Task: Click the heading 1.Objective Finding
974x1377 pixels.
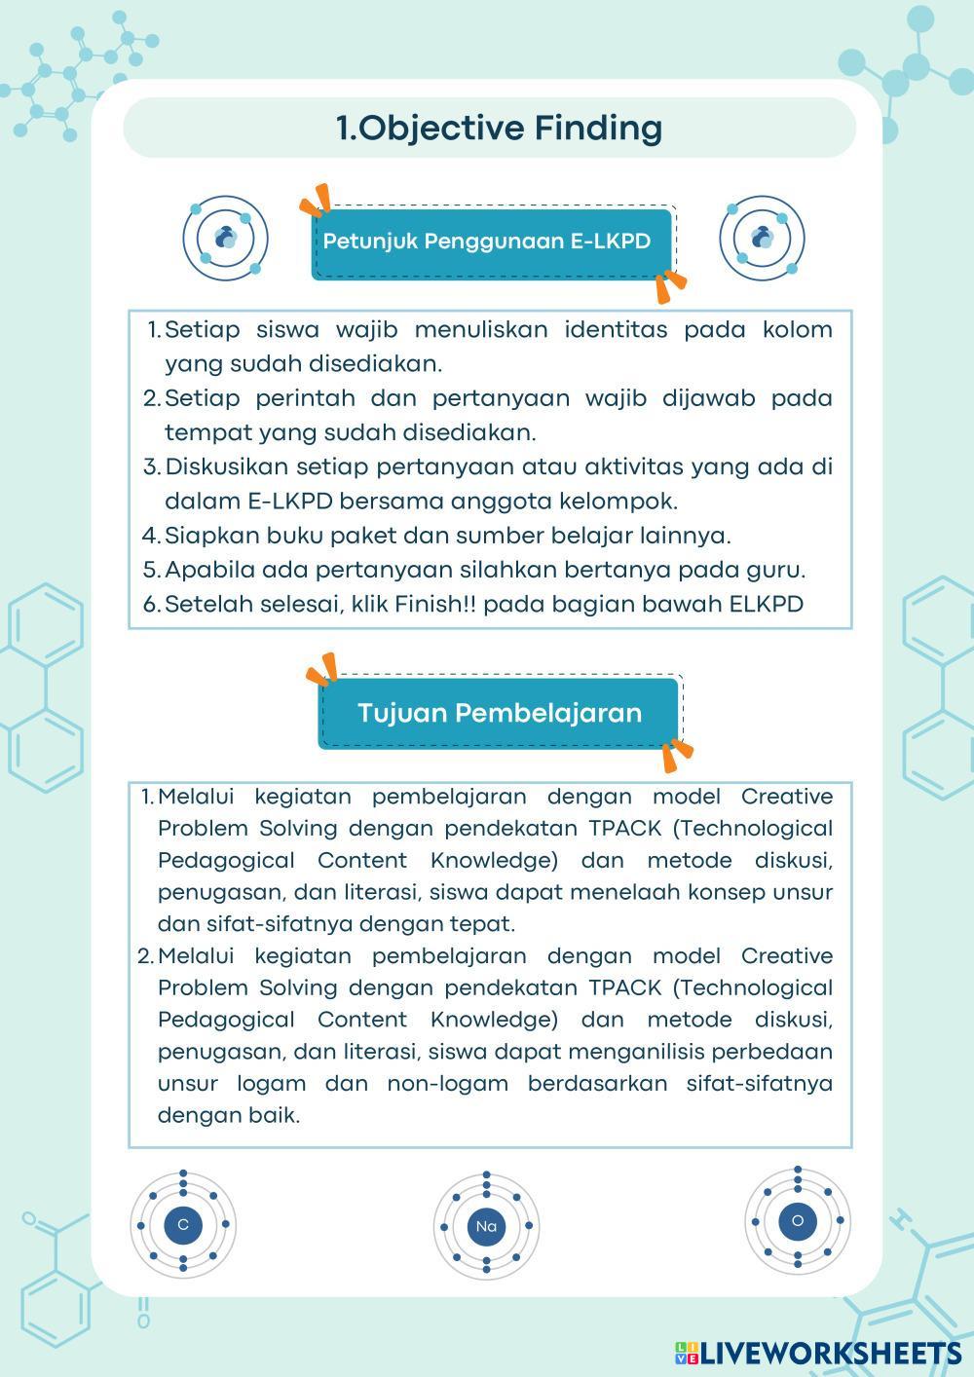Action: coord(499,128)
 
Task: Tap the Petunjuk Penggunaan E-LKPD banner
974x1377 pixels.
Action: coord(487,242)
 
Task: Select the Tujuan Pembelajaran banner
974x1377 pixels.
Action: coord(499,713)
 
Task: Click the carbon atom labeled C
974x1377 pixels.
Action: coord(183,1224)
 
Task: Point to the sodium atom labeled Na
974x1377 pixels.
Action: coord(486,1226)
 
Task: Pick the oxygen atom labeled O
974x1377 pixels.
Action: coord(798,1220)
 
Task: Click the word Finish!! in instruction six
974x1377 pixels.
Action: coord(436,604)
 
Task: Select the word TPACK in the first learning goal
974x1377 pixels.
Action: coord(624,828)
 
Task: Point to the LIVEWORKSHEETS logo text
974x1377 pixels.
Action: coord(829,1353)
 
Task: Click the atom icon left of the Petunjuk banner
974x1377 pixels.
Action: coord(225,238)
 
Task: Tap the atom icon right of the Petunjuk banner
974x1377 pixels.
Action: coord(763,238)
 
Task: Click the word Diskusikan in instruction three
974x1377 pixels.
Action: coord(226,466)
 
